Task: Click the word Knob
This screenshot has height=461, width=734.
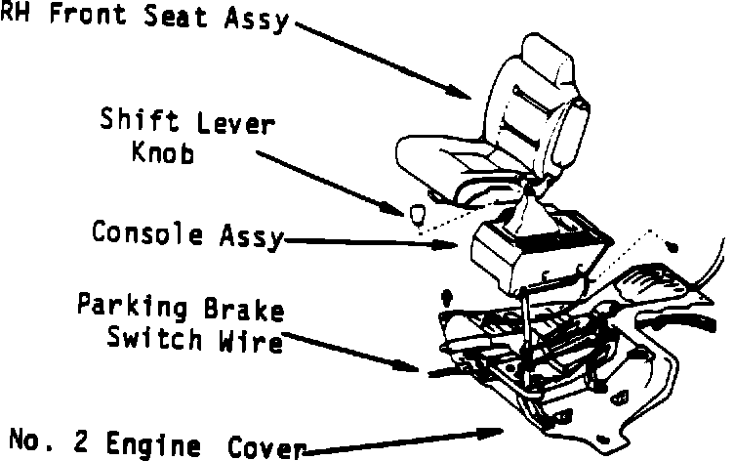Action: (x=161, y=153)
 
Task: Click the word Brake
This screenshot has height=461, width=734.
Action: (x=246, y=312)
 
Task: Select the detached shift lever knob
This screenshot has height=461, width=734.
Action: (x=416, y=213)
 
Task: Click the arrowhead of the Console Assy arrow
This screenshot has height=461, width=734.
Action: (x=453, y=243)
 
